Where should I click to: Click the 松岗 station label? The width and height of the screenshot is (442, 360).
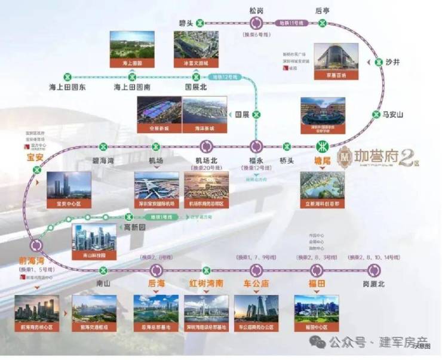click(256, 10)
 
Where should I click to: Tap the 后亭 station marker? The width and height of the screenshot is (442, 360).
click(323, 23)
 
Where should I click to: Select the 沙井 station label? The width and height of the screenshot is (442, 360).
click(392, 61)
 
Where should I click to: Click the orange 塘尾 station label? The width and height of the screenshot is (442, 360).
click(322, 161)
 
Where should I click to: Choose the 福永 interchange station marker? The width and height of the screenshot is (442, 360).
click(257, 146)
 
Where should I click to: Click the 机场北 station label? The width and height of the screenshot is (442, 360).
click(207, 161)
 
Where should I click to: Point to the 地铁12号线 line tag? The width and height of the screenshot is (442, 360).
click(225, 77)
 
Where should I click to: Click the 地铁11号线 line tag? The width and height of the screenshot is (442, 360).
click(292, 23)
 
